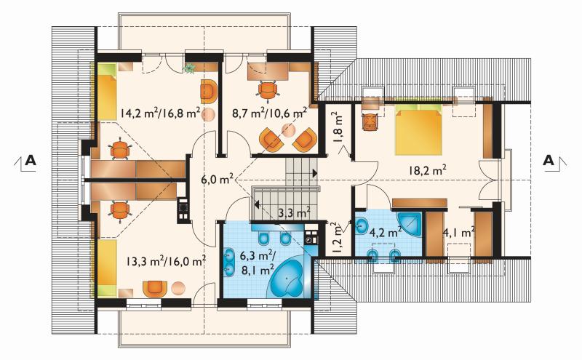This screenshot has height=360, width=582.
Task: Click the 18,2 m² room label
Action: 427,170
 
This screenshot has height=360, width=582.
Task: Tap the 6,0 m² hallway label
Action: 217,180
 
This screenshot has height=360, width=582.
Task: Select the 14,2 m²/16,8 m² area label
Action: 160,113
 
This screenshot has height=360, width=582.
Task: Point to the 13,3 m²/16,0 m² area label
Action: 166,261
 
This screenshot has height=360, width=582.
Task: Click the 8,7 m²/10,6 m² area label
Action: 269,113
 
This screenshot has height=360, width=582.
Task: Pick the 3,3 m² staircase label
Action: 295,213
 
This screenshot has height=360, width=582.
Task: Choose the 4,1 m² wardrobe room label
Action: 459,233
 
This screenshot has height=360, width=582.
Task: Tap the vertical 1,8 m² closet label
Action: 338,127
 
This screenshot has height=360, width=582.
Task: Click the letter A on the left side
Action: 31,160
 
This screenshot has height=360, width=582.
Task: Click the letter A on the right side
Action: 549,160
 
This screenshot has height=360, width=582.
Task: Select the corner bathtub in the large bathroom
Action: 289,276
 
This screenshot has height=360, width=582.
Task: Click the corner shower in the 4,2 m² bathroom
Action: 410,224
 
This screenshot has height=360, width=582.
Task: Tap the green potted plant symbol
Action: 190,68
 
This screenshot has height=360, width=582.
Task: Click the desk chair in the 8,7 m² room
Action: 267,89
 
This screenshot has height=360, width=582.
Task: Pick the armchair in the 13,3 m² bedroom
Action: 155,289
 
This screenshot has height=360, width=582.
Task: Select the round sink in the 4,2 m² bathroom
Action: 361,225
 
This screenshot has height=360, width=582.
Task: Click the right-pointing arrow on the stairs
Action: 315,172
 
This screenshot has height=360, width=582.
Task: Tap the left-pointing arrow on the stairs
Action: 256,204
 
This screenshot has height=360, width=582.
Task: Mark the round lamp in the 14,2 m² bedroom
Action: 208,115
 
